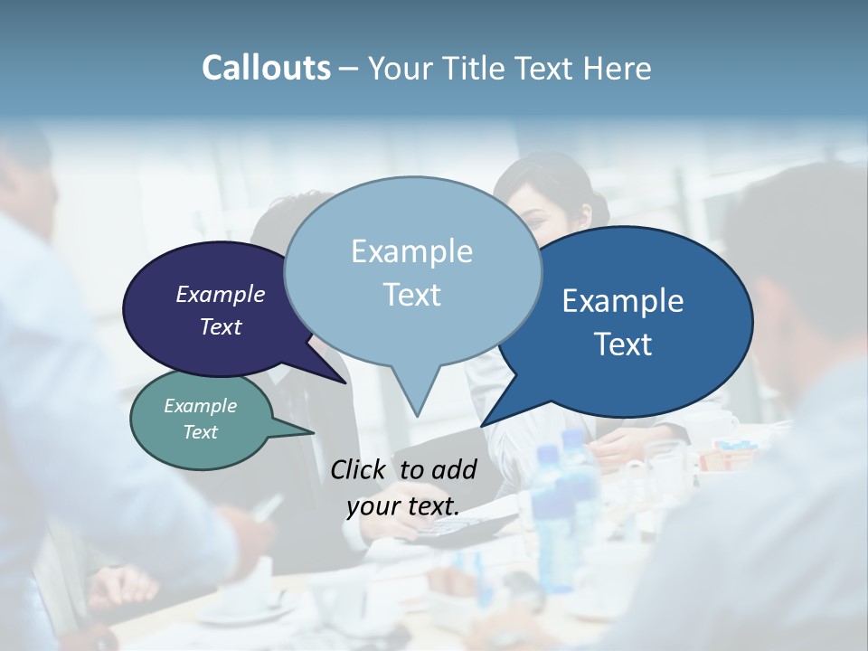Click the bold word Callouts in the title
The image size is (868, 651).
point(266,68)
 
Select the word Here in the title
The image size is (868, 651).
point(616,68)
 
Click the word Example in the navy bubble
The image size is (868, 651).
point(220,294)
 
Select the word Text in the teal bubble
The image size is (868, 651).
point(200,432)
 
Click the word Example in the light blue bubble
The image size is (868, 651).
point(411,251)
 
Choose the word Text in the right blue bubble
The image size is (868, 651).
point(623,344)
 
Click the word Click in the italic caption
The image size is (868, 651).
point(358,469)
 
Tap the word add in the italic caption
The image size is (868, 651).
point(454,469)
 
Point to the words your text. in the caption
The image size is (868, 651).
point(402,506)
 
